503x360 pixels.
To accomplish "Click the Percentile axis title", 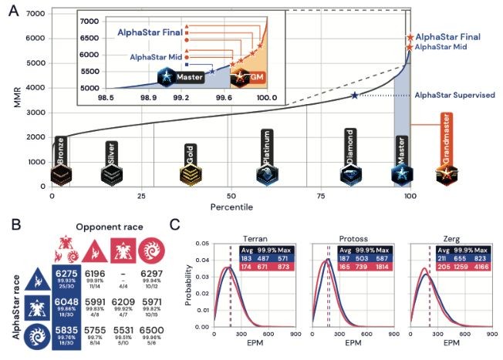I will (231, 208).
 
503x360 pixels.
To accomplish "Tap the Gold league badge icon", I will (189, 177).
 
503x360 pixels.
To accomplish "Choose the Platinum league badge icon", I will (266, 177).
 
